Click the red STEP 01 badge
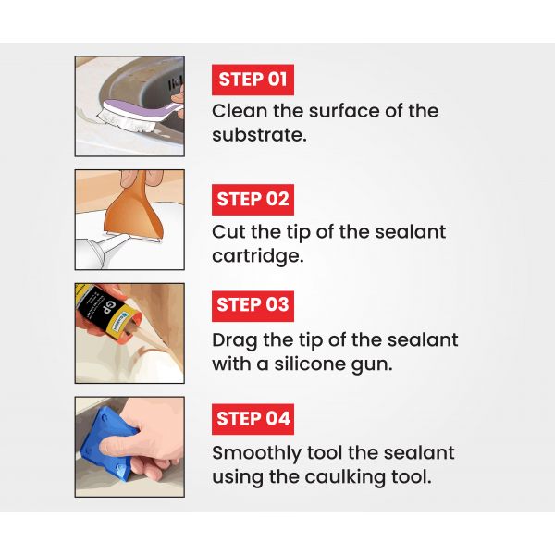tap(253, 80)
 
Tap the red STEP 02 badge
tap(253, 199)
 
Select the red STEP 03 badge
tap(253, 304)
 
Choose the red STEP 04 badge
tap(253, 419)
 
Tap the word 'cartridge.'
tap(258, 255)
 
